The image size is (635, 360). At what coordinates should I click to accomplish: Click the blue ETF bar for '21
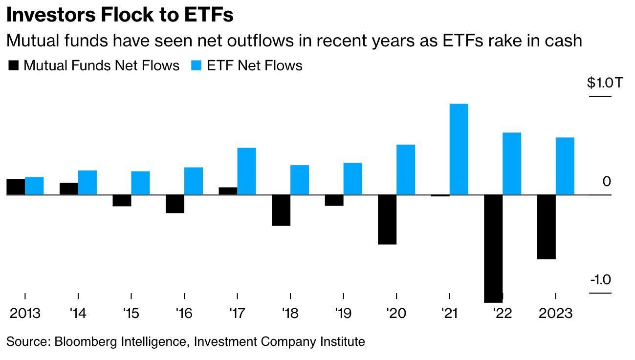click(x=459, y=149)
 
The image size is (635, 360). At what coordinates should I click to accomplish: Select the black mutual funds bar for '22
click(x=493, y=248)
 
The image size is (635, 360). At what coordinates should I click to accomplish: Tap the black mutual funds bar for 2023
click(x=546, y=227)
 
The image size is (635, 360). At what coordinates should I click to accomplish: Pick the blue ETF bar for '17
click(x=246, y=171)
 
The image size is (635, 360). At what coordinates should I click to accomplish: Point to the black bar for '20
click(x=387, y=219)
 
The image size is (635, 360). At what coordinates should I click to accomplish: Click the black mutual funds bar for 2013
click(x=16, y=187)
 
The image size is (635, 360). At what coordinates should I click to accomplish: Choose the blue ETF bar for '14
click(x=88, y=183)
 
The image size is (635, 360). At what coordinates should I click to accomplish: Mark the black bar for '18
click(x=281, y=210)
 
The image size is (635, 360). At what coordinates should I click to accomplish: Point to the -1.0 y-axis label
click(x=601, y=280)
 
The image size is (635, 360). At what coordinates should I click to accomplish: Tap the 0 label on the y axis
click(x=607, y=182)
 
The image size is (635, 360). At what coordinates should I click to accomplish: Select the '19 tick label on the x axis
click(x=343, y=313)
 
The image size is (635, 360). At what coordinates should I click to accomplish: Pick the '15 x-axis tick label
click(x=131, y=313)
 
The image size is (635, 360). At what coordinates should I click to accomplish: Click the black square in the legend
click(x=13, y=65)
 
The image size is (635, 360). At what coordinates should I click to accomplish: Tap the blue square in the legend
click(x=197, y=65)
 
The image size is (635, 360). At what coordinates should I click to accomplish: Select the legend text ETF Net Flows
click(x=255, y=65)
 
